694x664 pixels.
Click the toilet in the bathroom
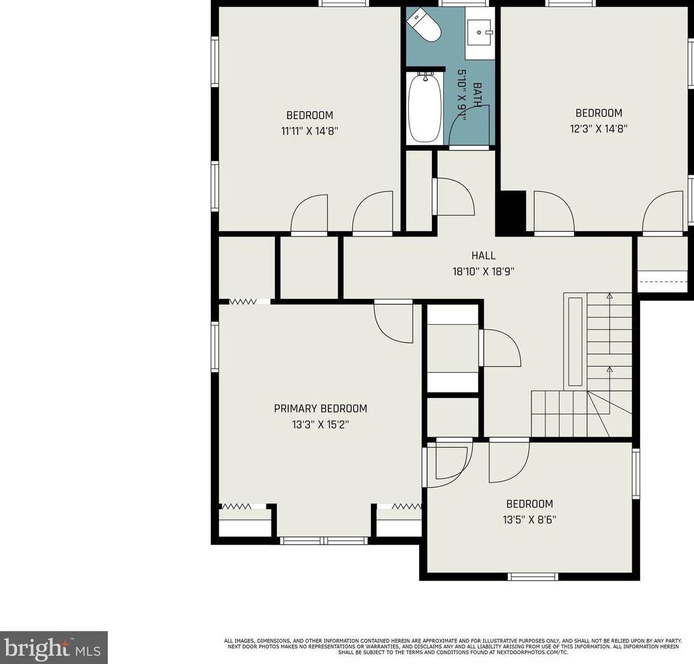click(x=424, y=26)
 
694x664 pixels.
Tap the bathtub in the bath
click(x=425, y=108)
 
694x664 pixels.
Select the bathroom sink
click(x=480, y=32)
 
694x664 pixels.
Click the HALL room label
click(x=483, y=255)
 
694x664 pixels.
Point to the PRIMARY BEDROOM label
click(x=321, y=409)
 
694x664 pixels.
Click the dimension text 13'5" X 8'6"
click(x=530, y=520)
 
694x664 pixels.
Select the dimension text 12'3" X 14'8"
click(x=599, y=128)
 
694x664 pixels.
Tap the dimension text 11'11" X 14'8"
click(x=310, y=131)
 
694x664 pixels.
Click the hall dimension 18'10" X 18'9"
click(x=483, y=271)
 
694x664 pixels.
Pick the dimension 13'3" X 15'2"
click(x=321, y=424)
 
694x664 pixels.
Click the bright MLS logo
click(x=53, y=647)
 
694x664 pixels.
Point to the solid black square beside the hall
click(x=510, y=213)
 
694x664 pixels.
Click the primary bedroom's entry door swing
click(x=394, y=323)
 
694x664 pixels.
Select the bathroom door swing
click(x=469, y=126)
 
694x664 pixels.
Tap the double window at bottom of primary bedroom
click(x=324, y=541)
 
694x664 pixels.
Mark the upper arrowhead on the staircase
click(x=610, y=295)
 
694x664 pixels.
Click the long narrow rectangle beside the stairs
click(x=575, y=341)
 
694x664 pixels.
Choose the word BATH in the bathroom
click(x=477, y=95)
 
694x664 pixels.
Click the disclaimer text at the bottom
click(x=452, y=647)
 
